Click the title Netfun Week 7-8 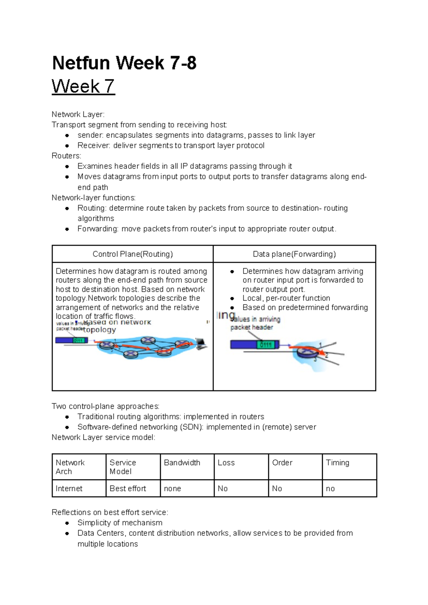124,63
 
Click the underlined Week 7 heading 83,86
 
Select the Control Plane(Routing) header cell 133,254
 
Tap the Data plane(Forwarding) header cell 294,254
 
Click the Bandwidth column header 182,463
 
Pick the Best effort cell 128,488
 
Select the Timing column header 337,463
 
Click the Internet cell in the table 69,488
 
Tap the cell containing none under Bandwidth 172,488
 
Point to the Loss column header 226,463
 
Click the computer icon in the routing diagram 201,343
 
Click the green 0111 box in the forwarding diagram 266,345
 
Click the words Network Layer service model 103,437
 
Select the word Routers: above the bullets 66,156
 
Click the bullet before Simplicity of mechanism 67,523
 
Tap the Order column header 282,463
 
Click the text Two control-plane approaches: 106,406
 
